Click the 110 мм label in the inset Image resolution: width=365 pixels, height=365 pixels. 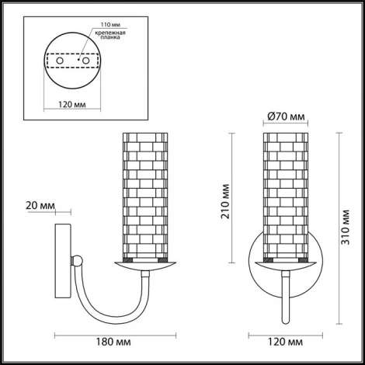tap(110, 25)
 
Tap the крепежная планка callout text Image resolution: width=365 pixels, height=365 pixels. tap(110, 35)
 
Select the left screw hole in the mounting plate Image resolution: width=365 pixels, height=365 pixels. tap(60, 61)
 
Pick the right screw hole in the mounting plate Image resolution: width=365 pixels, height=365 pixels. tap(85, 61)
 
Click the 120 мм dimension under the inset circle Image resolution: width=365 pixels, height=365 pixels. tap(72, 105)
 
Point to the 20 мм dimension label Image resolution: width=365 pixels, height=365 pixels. tap(40, 206)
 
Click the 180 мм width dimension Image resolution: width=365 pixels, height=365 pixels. tap(113, 342)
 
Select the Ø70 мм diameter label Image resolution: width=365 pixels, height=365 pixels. tap(286, 116)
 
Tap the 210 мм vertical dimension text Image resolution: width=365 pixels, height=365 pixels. tap(225, 201)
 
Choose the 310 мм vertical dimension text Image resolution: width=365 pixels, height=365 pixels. tap(346, 227)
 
